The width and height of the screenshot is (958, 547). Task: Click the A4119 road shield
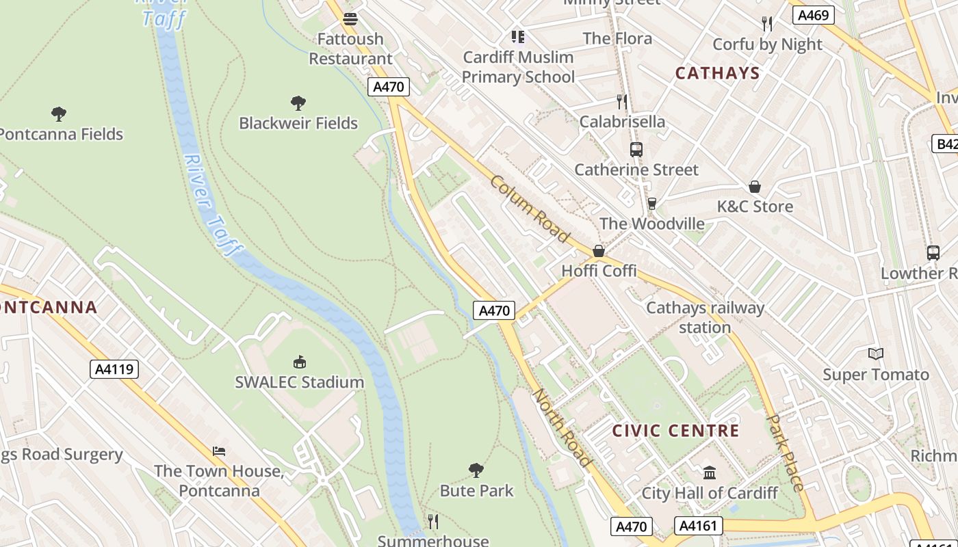[x=114, y=369]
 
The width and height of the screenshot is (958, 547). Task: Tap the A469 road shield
[x=813, y=15]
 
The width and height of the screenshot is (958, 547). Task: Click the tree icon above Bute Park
[x=476, y=470]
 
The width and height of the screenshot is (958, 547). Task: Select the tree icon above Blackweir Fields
[x=298, y=103]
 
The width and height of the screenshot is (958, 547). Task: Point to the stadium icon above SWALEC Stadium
[x=299, y=362]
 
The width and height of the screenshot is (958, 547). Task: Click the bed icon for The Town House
[x=219, y=451]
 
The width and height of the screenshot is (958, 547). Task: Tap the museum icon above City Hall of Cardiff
[x=710, y=472]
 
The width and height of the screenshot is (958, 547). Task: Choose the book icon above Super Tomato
[x=876, y=353]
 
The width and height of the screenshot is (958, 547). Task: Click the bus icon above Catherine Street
[x=636, y=150]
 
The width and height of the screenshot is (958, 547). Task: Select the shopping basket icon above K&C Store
[x=755, y=187]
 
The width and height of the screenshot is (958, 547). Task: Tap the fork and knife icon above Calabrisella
[x=622, y=102]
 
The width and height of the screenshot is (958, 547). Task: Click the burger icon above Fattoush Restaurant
[x=350, y=19]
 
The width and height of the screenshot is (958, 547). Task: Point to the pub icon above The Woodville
[x=651, y=204]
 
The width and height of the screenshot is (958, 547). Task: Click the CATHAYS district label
[x=717, y=73]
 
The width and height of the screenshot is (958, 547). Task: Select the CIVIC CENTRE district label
[x=675, y=431]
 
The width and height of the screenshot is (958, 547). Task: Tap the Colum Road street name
[x=530, y=209]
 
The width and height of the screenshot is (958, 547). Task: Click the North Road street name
[x=561, y=428]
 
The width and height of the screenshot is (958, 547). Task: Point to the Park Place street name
[x=786, y=453]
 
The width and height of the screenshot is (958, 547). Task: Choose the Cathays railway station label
[x=705, y=317]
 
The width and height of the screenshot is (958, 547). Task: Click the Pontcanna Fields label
[x=62, y=134]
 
